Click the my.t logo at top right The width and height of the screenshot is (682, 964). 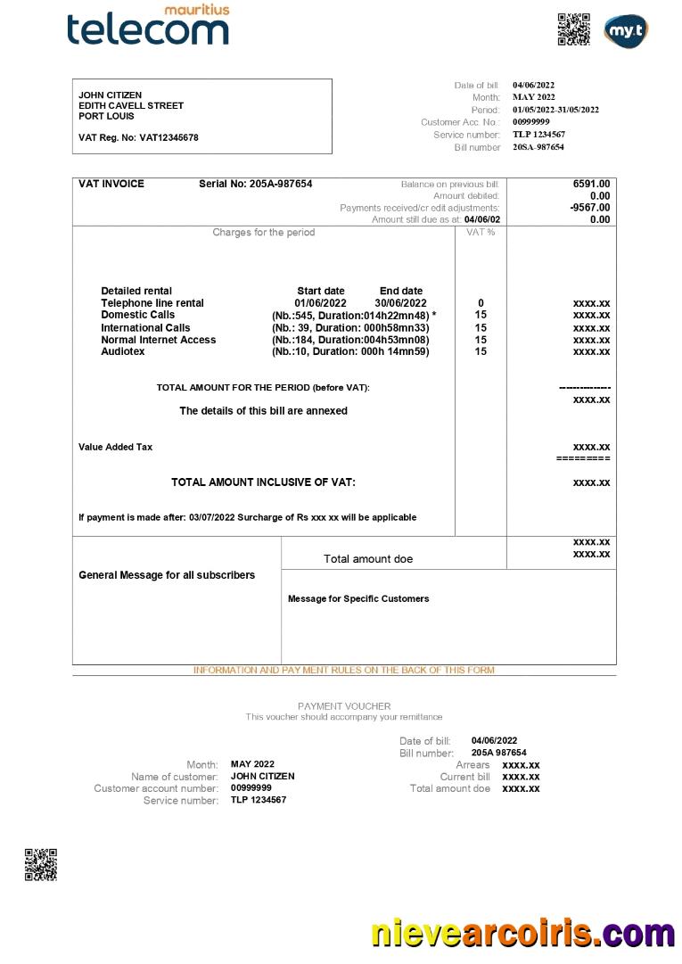click(x=625, y=31)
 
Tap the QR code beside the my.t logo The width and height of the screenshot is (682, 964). click(x=574, y=29)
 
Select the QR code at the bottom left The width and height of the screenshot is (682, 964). click(x=40, y=864)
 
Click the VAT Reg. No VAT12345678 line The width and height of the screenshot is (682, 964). click(x=138, y=137)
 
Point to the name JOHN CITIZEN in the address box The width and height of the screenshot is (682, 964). click(x=110, y=95)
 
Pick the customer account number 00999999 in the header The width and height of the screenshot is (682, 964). click(x=530, y=122)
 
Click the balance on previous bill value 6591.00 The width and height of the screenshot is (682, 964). click(x=591, y=184)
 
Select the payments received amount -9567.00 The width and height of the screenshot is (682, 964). click(x=590, y=208)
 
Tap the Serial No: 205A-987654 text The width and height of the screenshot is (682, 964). click(x=255, y=184)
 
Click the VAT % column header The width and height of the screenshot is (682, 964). click(x=481, y=232)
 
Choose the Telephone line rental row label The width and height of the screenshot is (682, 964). click(x=152, y=303)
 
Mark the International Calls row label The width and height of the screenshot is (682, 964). click(x=145, y=327)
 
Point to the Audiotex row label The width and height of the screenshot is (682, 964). click(x=122, y=351)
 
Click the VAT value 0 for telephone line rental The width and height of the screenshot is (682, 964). click(x=481, y=303)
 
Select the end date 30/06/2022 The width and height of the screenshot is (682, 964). click(x=400, y=303)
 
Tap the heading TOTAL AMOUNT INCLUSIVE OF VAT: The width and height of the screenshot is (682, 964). click(x=263, y=482)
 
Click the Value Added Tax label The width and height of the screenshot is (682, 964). click(x=115, y=447)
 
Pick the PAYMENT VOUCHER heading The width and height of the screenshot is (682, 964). click(x=344, y=705)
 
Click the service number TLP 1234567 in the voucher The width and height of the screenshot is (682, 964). click(x=259, y=800)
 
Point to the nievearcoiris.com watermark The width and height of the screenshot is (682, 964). click(x=522, y=933)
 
